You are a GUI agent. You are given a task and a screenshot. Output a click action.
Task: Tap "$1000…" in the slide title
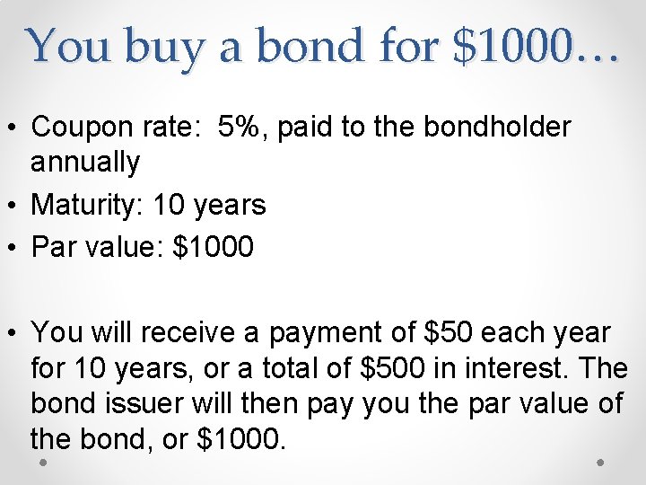tap(537, 46)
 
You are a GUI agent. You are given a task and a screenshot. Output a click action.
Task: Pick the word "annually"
tap(85, 163)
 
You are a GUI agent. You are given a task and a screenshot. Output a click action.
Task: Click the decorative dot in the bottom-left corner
tap(44, 462)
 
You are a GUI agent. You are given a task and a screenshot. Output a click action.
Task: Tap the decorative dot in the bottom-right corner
tap(601, 462)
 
